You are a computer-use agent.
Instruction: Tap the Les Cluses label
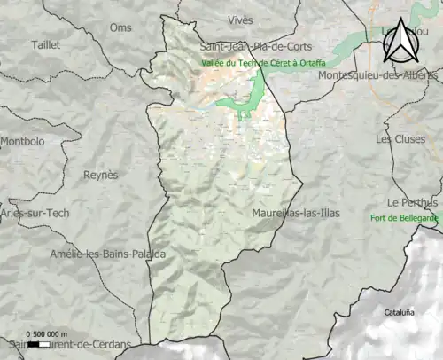[394, 138]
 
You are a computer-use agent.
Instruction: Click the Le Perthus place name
[412, 202]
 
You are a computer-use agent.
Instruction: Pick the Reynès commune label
[100, 175]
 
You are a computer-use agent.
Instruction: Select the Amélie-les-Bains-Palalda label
[108, 254]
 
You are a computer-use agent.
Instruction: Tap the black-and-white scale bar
[36, 341]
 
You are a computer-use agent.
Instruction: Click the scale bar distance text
[52, 333]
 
